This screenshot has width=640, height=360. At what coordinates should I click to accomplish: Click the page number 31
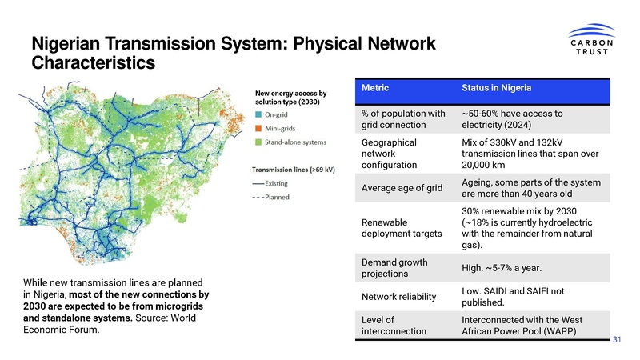point(617,341)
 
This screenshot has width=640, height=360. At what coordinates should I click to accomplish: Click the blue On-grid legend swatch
point(258,115)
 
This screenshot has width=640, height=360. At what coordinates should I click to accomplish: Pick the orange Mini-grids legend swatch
point(258,129)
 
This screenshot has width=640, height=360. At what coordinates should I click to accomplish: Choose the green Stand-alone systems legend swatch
point(258,142)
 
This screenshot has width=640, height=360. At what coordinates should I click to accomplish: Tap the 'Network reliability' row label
point(399,297)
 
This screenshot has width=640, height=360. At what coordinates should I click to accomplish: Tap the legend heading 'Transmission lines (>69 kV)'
point(294,170)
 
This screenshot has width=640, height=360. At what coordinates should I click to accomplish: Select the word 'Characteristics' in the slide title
point(92,61)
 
